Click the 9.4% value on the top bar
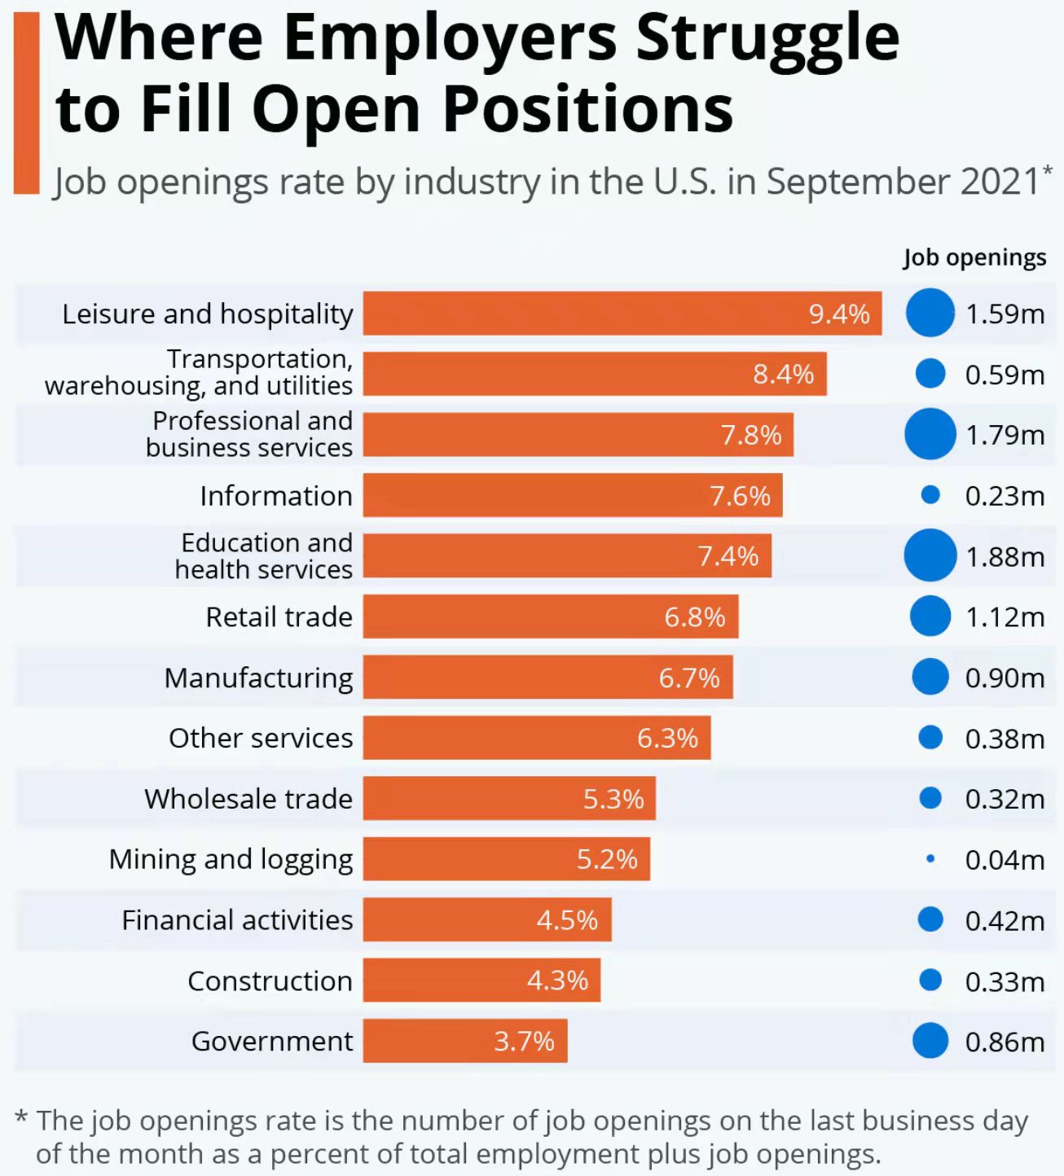(x=838, y=314)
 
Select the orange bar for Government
(x=464, y=1041)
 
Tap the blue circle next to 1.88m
(x=930, y=555)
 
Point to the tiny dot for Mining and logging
(x=930, y=858)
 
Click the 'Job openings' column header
(x=974, y=257)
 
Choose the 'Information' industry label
(x=276, y=495)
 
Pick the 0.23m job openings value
(x=1005, y=495)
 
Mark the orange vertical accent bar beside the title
(x=27, y=103)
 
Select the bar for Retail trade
(x=550, y=617)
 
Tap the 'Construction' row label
(x=270, y=981)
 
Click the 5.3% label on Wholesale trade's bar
(x=613, y=798)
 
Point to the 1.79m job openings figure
(x=1005, y=435)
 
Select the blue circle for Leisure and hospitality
(x=930, y=313)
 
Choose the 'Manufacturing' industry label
(x=258, y=678)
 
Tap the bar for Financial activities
(x=486, y=919)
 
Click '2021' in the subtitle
(x=1000, y=182)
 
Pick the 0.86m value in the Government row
(x=1005, y=1042)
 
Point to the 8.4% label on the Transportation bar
(x=783, y=374)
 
